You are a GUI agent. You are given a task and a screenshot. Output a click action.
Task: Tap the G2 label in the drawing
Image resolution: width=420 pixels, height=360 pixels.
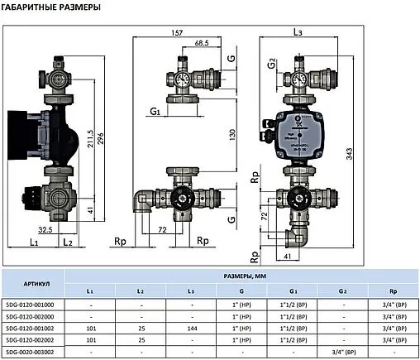click(271, 63)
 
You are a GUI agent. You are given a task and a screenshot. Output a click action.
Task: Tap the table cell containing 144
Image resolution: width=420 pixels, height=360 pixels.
click(192, 328)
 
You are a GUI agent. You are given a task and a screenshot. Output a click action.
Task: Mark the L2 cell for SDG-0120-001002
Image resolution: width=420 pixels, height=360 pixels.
click(141, 328)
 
